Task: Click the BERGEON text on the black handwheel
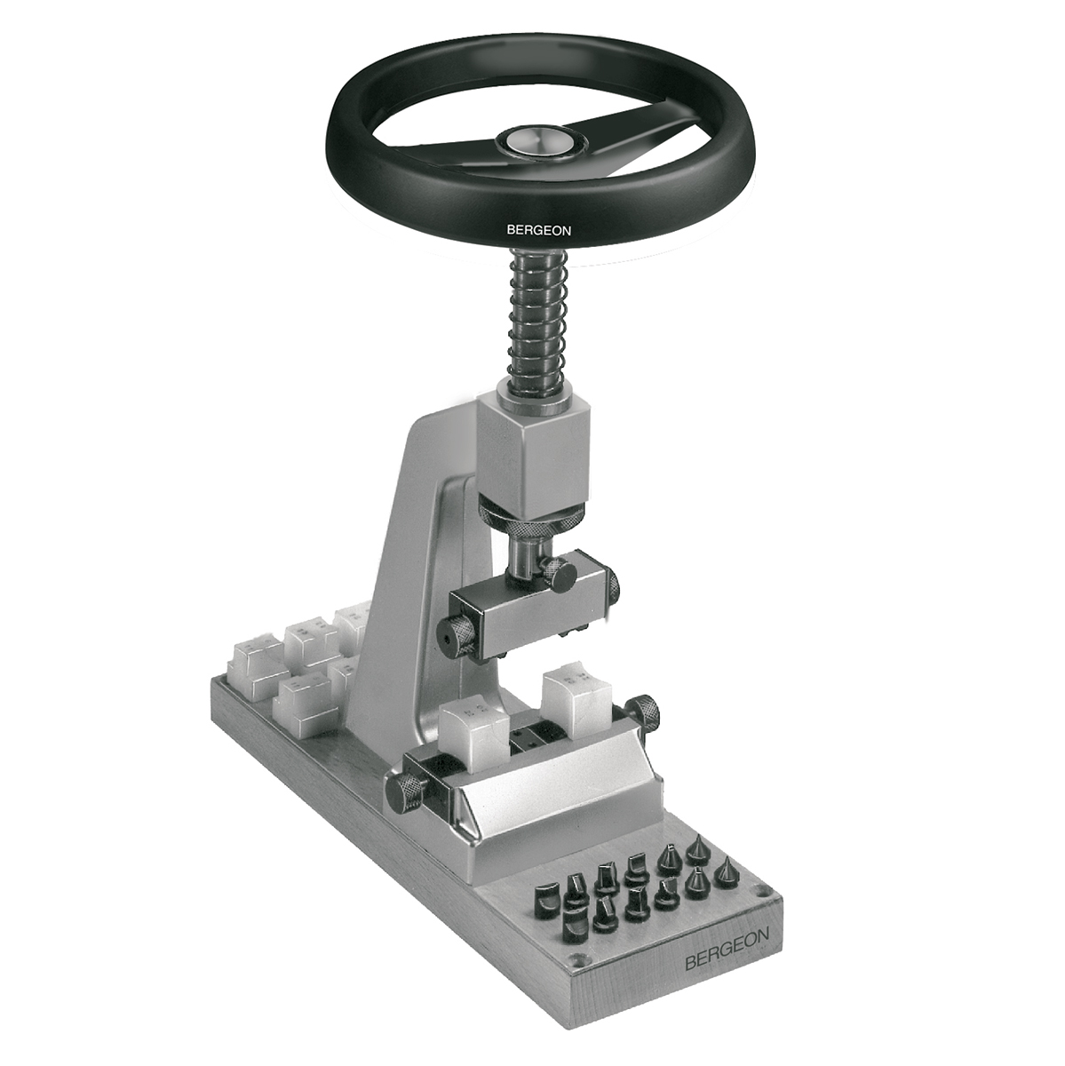(538, 230)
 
